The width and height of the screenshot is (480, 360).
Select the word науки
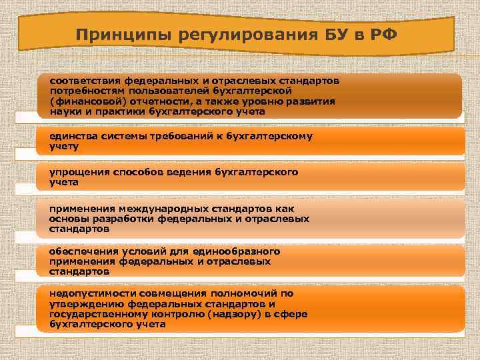click(x=64, y=111)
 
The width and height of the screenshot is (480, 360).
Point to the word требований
click(x=185, y=135)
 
